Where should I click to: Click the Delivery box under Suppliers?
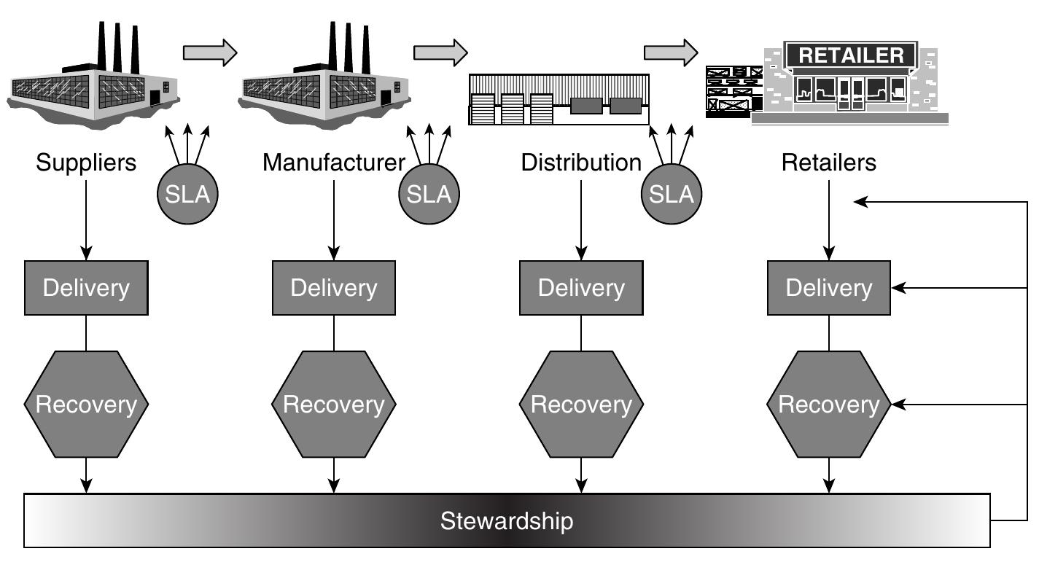coord(86,288)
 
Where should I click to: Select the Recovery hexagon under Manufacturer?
coord(334,404)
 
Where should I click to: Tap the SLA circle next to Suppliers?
coord(188,194)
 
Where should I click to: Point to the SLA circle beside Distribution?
coord(672,194)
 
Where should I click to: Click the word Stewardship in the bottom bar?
coord(507,521)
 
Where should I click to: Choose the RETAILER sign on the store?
coord(851,55)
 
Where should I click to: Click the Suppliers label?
coord(86,162)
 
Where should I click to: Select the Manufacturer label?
coord(333,162)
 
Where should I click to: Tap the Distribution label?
coord(581,162)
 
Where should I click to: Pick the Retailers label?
coord(829,162)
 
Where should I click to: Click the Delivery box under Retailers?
coord(829,288)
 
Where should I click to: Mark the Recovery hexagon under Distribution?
coord(581,404)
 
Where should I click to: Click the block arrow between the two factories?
coord(210,52)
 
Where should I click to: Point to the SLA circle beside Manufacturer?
coord(429,194)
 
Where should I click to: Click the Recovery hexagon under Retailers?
coord(829,404)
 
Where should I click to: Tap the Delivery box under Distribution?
coord(581,288)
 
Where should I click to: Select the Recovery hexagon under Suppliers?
coord(86,404)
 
